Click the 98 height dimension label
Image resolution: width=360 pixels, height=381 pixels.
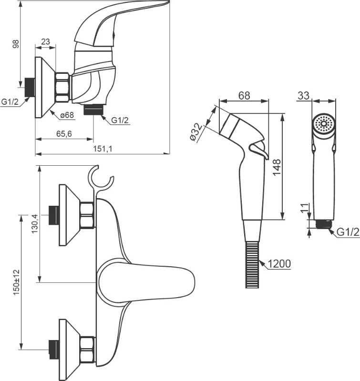(16, 44)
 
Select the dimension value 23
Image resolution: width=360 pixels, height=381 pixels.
(46, 41)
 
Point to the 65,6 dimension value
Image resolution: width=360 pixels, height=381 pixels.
(64, 134)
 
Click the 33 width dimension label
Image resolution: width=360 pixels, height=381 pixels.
(303, 95)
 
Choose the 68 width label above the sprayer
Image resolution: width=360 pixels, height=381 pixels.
(244, 95)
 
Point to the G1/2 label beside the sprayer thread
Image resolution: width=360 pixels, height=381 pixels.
(348, 232)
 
